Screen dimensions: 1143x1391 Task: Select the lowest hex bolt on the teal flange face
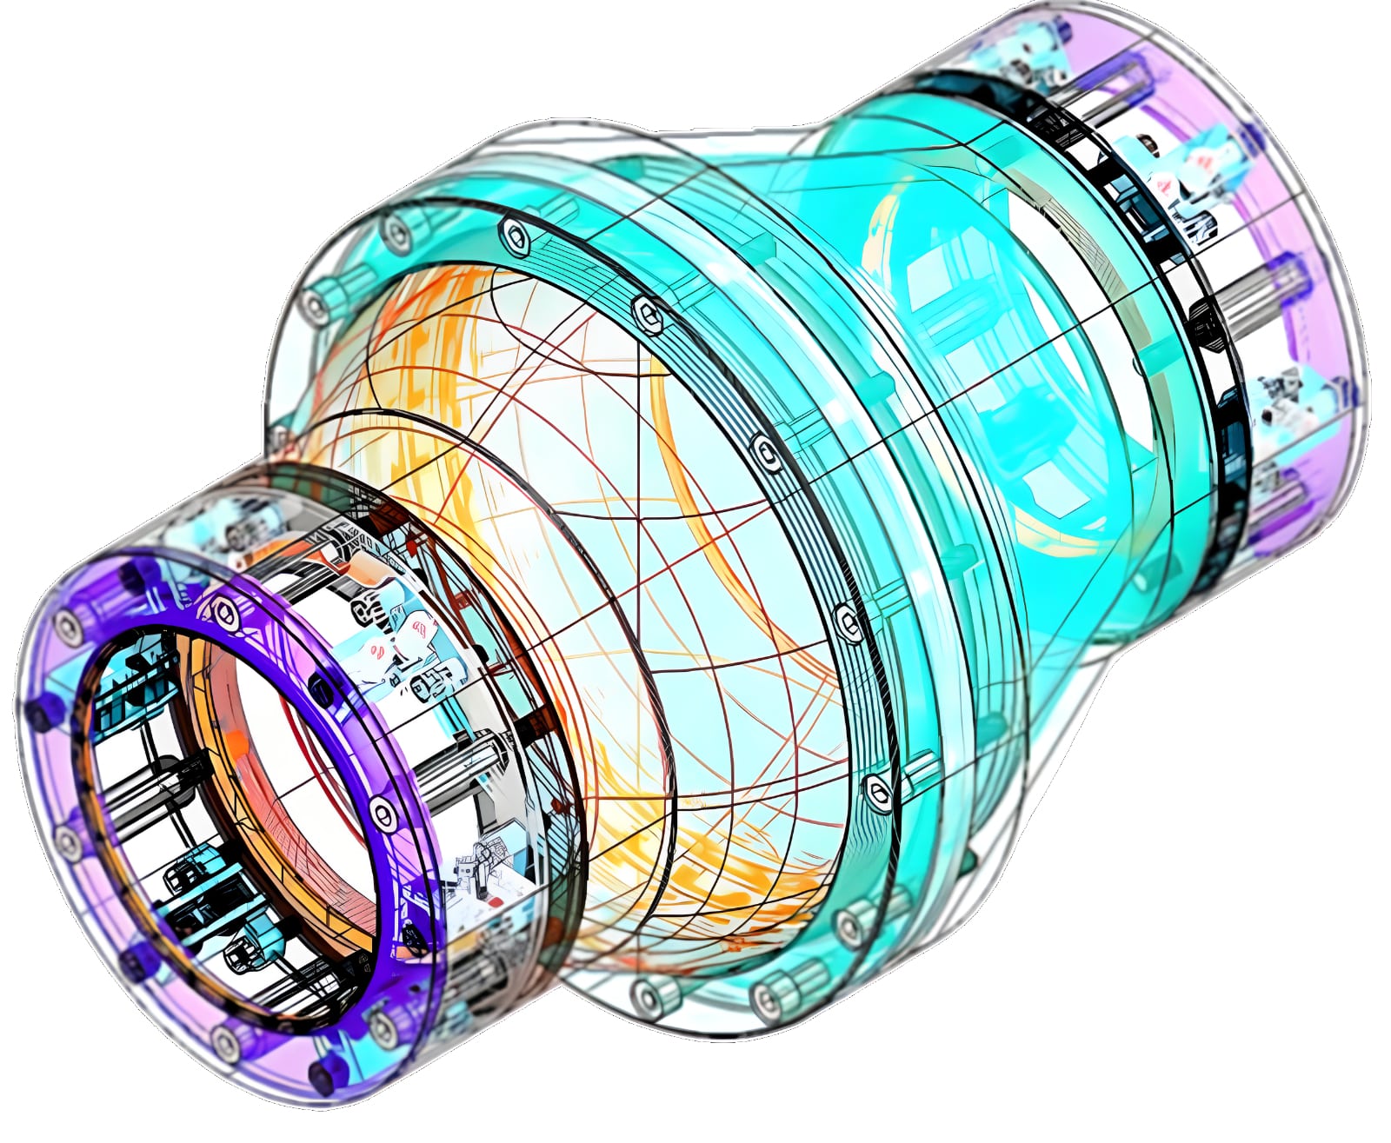878,791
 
